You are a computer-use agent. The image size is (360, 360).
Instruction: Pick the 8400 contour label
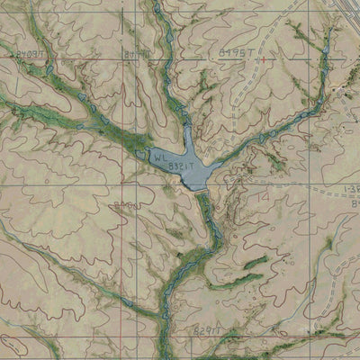(x=126, y=208)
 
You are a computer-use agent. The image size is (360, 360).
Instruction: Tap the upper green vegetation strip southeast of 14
(x=256, y=262)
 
